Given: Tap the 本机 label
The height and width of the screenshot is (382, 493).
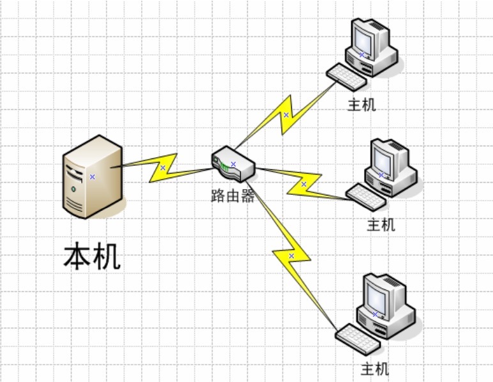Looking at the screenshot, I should click(x=92, y=256).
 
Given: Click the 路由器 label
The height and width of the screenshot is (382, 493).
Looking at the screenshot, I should click(x=233, y=196).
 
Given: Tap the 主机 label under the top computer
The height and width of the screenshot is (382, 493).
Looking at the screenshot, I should click(x=361, y=105).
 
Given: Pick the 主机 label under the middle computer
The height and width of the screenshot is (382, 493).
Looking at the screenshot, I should click(x=381, y=224).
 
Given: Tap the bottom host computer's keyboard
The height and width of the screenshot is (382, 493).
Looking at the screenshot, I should click(x=358, y=339).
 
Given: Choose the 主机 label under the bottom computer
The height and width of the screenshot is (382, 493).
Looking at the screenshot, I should click(x=375, y=369).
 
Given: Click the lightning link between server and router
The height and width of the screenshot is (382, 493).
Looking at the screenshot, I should click(x=163, y=168).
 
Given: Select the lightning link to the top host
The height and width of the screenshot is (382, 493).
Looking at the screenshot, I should click(x=286, y=115).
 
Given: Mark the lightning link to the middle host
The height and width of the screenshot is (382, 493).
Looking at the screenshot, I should click(x=303, y=184).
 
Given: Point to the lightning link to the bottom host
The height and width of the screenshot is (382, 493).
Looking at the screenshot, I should click(x=291, y=256).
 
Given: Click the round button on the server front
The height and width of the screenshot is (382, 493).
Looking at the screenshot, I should click(x=75, y=189).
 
